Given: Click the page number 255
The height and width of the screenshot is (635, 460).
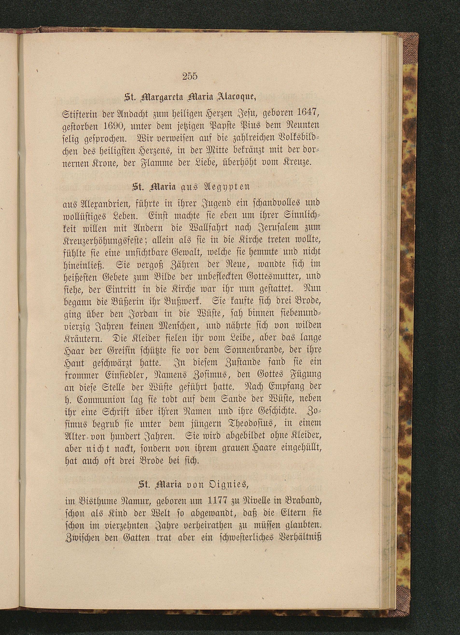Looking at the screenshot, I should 190,76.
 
